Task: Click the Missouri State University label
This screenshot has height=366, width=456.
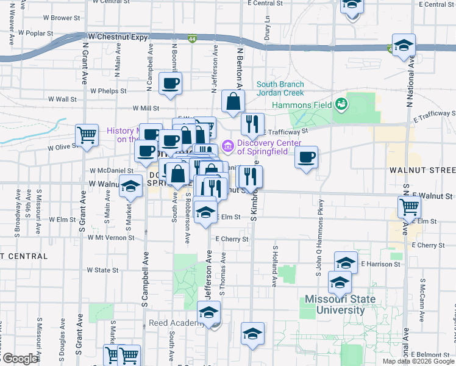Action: point(340,304)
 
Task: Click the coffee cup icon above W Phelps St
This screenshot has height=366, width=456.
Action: point(170,83)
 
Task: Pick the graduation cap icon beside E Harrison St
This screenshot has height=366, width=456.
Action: point(346,262)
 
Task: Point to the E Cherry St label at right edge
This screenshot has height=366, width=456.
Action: point(428,245)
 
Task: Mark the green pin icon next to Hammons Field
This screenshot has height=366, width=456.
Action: point(341,104)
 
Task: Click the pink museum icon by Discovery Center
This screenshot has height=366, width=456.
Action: point(228,146)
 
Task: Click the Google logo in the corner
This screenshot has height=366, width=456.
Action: point(21,359)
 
